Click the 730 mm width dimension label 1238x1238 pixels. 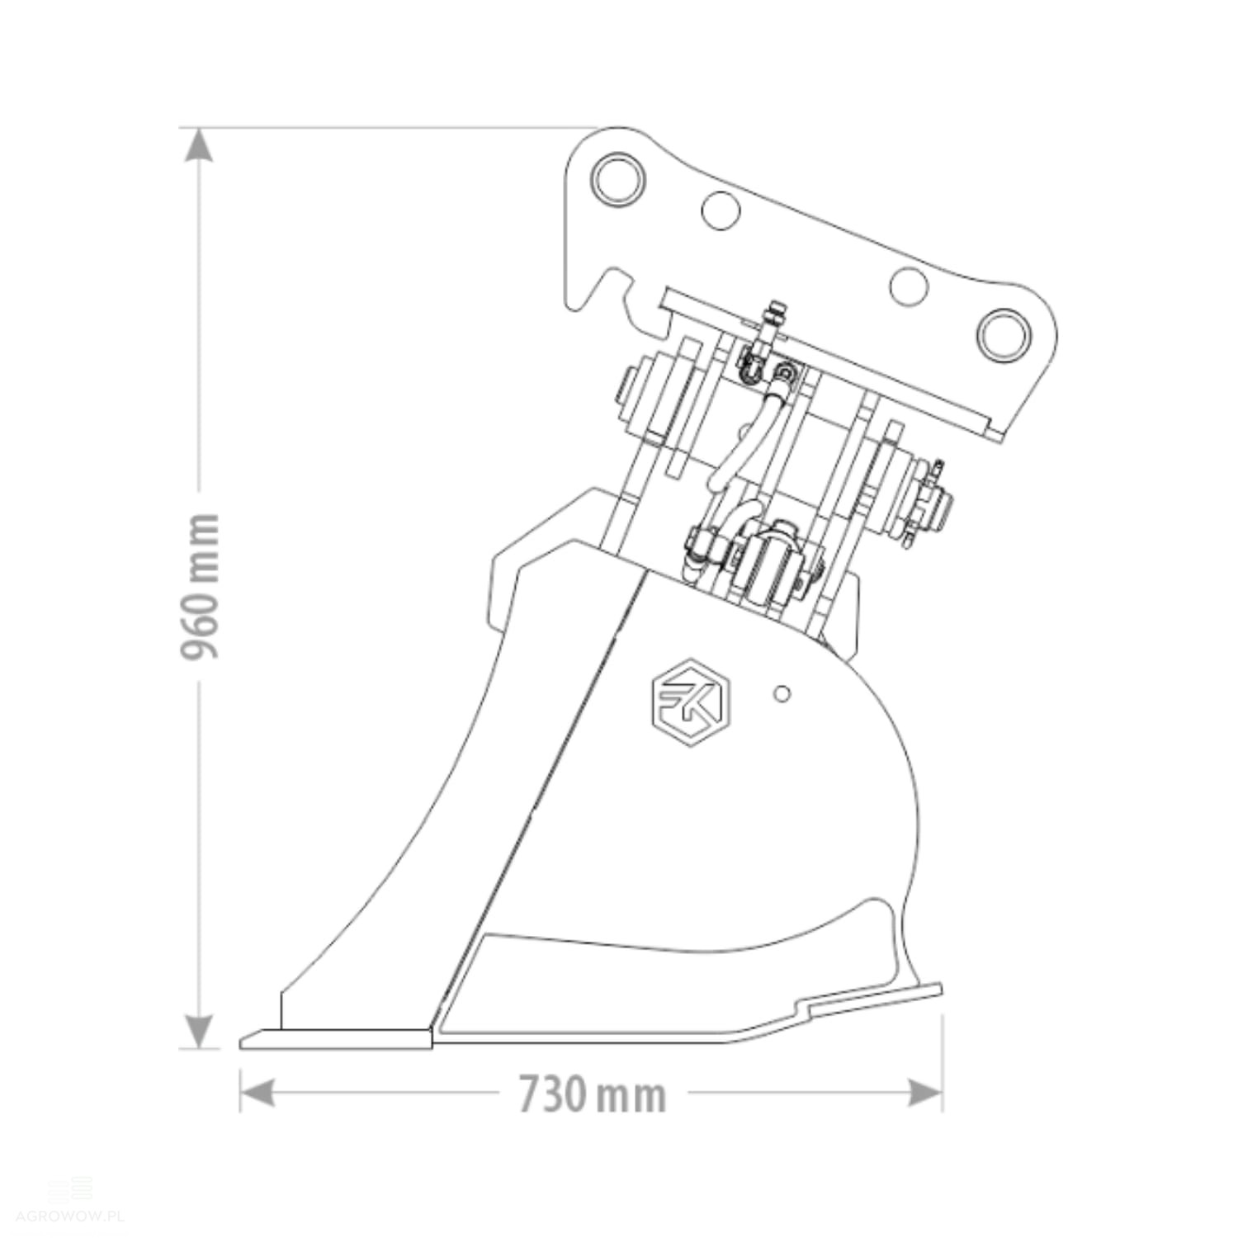(592, 1095)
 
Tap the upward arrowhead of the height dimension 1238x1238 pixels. (198, 145)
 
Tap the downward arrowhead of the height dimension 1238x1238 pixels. (198, 1032)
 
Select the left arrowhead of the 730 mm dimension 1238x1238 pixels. (257, 1094)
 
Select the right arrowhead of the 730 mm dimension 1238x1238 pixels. (924, 1094)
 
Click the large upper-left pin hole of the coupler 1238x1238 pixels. (619, 177)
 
